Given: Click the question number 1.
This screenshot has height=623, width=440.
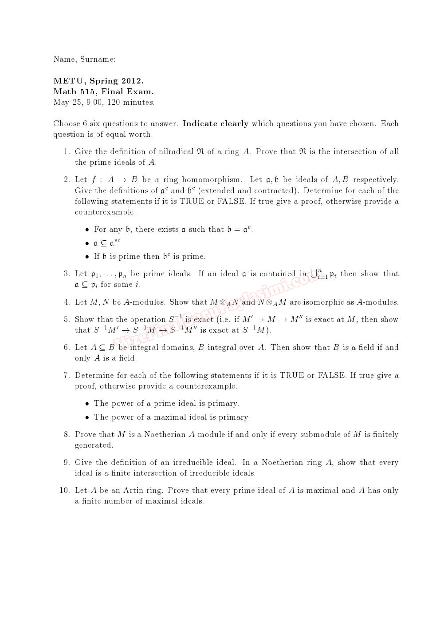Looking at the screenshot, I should [67, 151].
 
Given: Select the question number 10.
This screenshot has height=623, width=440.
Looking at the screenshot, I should [64, 490].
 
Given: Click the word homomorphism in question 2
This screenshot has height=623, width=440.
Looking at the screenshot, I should [212, 179].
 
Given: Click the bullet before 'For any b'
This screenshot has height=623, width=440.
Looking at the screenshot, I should [87, 230].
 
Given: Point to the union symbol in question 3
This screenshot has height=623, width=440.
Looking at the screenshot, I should [314, 274].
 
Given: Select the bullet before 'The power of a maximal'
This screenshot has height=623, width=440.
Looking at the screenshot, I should [87, 417].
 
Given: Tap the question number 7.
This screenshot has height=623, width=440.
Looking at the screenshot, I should [67, 375].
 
